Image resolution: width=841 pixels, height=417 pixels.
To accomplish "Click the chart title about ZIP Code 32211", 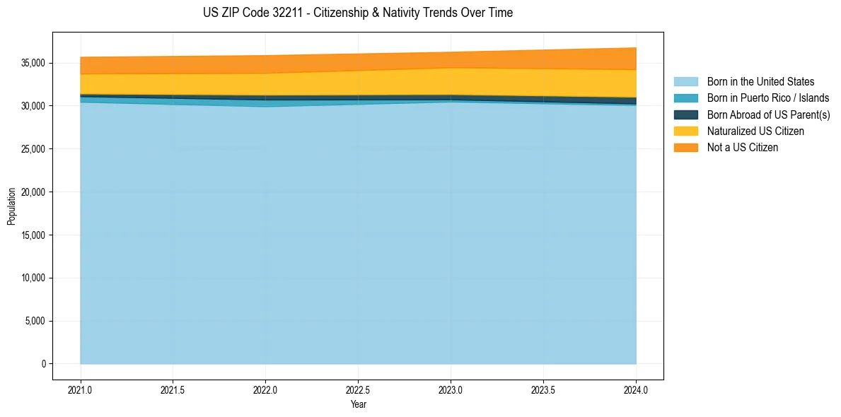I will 357,13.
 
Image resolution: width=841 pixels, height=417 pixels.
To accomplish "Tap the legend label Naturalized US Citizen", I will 755,131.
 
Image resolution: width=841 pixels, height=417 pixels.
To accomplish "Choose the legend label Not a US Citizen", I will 743,148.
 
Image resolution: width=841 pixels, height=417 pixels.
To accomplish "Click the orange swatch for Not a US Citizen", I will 685,148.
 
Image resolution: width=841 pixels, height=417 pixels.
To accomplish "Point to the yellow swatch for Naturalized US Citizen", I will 685,131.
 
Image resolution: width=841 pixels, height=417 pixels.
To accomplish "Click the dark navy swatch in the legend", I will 685,114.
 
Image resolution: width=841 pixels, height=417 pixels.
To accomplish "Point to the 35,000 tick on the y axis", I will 33,63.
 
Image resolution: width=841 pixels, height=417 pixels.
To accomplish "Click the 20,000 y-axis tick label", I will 33,192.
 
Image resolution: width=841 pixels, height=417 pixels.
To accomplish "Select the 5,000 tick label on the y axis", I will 35,322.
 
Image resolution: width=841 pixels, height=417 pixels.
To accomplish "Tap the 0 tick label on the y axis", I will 43,364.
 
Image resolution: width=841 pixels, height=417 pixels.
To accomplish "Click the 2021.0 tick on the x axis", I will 81,389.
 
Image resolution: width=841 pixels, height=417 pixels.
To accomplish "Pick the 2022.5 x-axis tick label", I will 358,389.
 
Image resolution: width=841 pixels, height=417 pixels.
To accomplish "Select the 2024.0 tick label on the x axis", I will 636,389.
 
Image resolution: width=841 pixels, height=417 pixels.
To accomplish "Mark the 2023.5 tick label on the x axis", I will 543,389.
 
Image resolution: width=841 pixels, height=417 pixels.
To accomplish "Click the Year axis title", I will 358,405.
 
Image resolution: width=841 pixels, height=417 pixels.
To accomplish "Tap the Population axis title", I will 11,206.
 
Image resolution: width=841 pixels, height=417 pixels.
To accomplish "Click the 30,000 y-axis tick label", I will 33,106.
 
